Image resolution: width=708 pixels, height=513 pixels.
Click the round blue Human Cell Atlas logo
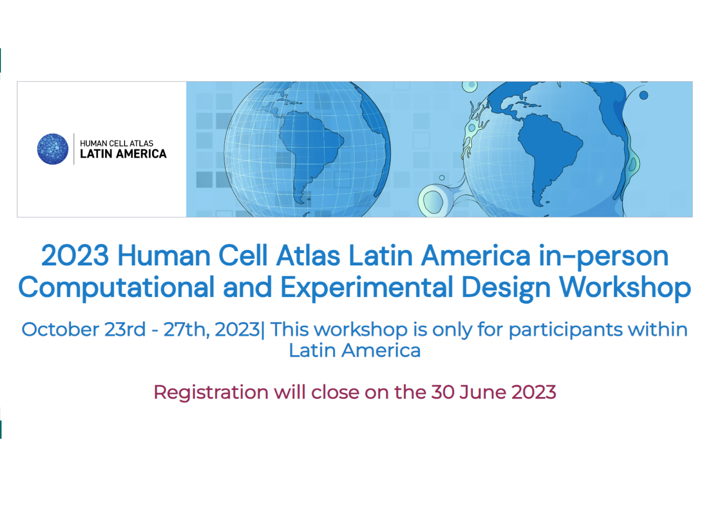(53, 149)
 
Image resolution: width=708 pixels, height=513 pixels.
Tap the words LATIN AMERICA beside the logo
(123, 154)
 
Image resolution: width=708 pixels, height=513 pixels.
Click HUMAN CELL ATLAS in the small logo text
(117, 143)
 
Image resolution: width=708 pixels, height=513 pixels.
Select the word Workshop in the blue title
(625, 288)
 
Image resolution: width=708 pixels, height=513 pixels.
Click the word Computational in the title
(116, 288)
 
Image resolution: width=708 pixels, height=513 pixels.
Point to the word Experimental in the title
(367, 288)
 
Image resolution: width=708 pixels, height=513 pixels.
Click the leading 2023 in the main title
(75, 256)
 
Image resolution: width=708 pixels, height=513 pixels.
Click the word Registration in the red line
(211, 392)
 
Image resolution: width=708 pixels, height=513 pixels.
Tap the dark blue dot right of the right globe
(643, 95)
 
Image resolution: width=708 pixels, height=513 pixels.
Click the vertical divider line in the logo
(74, 149)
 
